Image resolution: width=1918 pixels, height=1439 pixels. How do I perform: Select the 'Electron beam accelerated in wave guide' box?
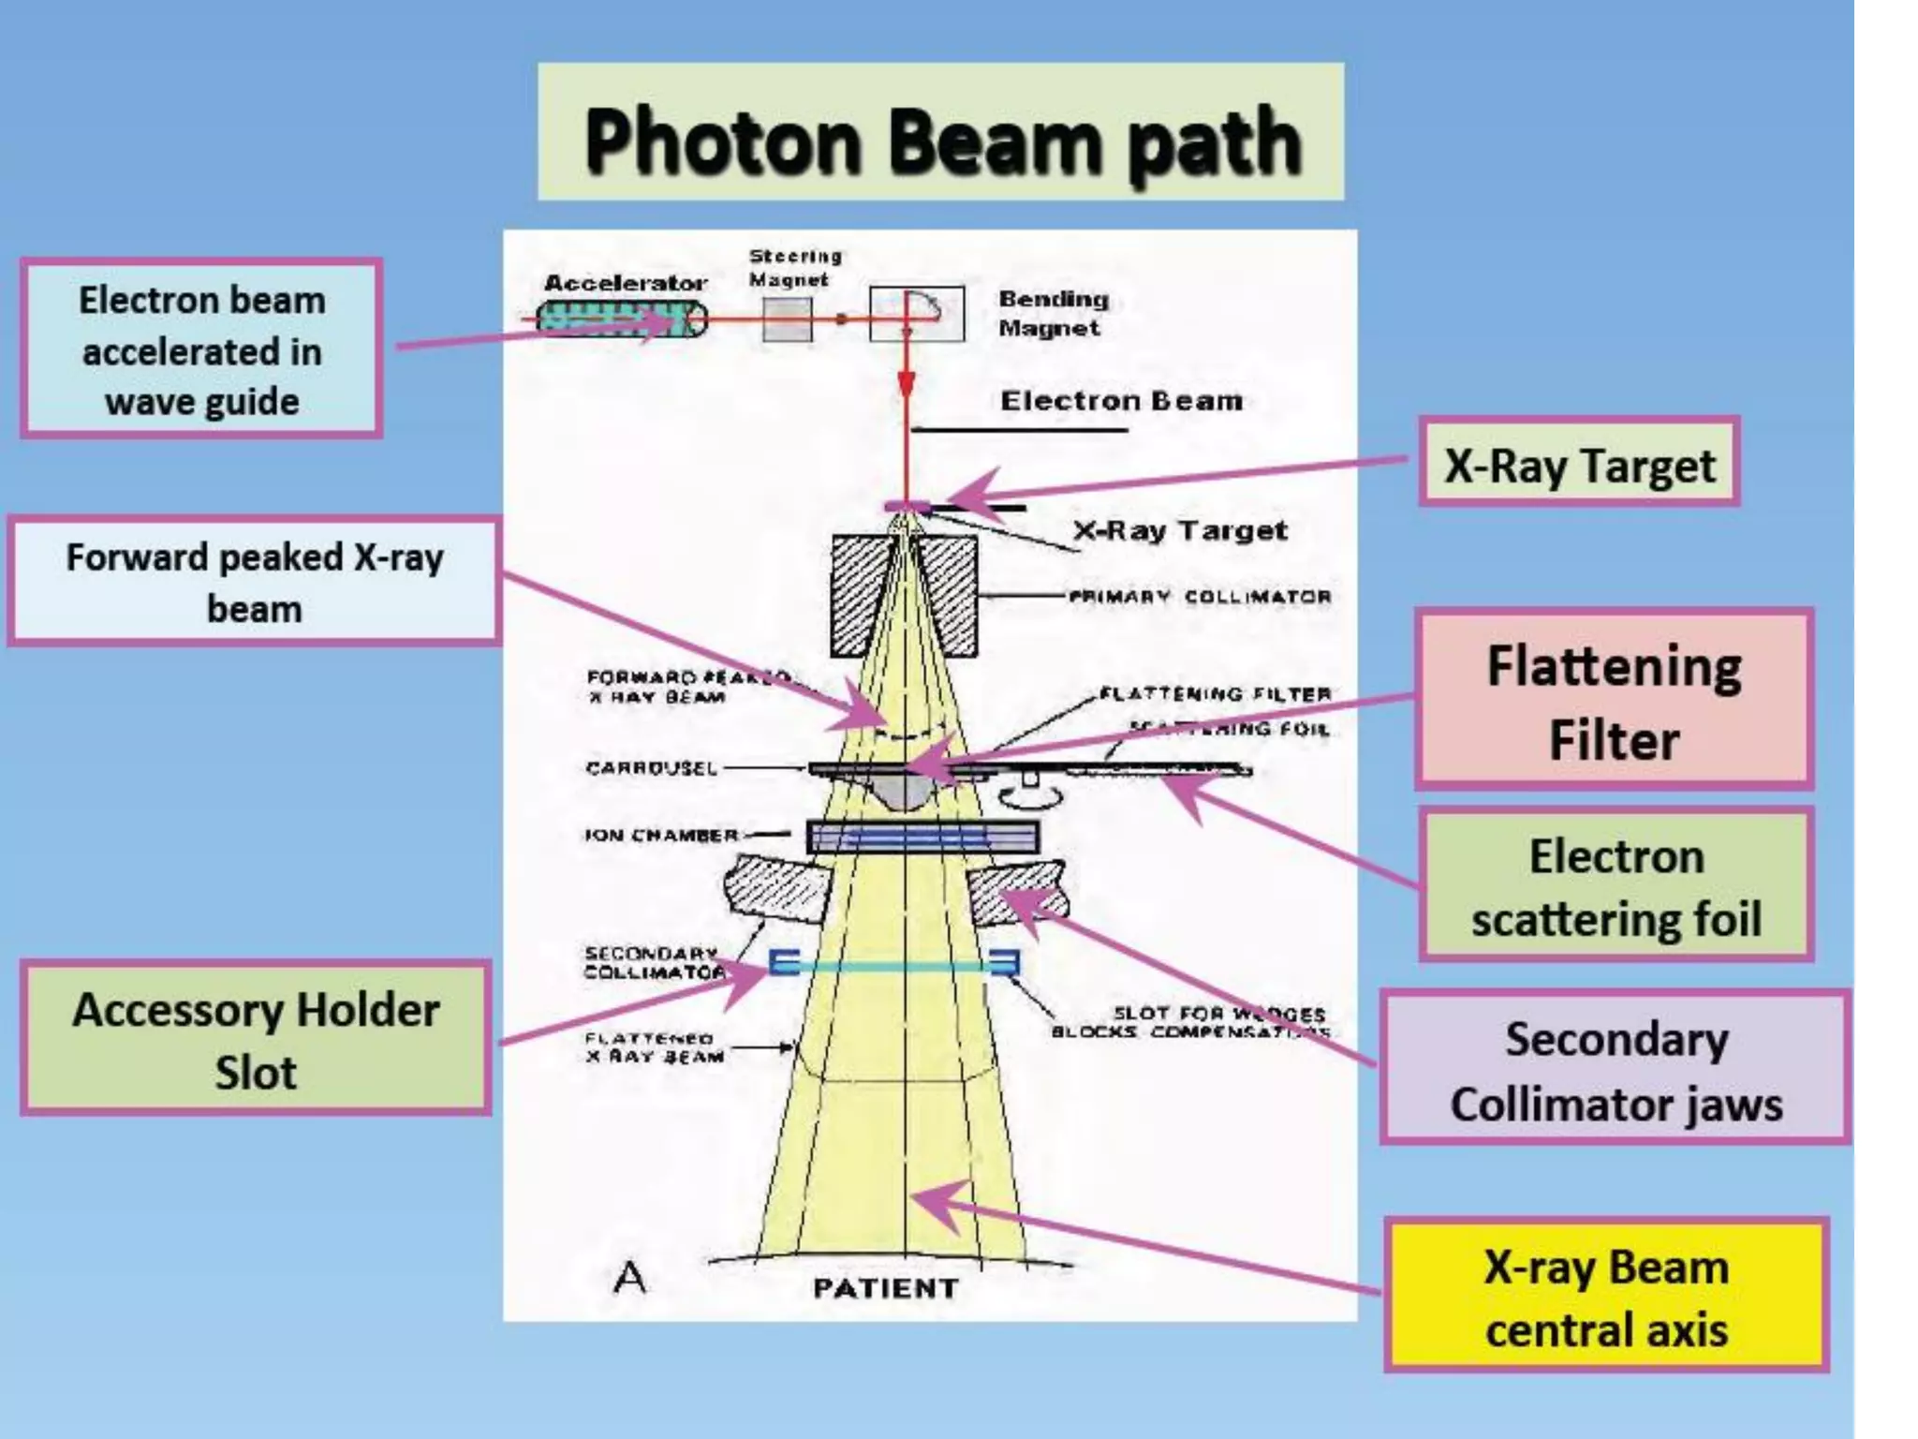(x=201, y=349)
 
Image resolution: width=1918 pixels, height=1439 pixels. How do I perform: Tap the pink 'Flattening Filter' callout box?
(x=1614, y=700)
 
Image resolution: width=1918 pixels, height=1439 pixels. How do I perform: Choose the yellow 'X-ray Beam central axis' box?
(x=1606, y=1297)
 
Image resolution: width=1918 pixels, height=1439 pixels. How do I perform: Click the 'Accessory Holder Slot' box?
(x=256, y=1039)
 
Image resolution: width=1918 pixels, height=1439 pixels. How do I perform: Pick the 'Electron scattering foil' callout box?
(x=1616, y=885)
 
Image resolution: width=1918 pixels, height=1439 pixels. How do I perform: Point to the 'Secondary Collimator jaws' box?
(x=1616, y=1069)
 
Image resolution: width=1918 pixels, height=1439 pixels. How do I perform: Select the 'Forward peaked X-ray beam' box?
(x=254, y=582)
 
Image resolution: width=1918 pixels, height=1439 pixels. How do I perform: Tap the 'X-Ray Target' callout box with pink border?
(x=1579, y=464)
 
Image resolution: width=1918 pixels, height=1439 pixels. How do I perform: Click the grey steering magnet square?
(x=787, y=319)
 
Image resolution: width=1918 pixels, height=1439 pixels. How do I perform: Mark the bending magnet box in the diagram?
(x=916, y=314)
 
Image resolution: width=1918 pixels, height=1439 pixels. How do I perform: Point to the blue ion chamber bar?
(x=922, y=837)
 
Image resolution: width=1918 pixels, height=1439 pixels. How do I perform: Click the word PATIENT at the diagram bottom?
(x=885, y=1288)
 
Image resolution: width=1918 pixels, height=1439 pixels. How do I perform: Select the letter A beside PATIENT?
(x=629, y=1276)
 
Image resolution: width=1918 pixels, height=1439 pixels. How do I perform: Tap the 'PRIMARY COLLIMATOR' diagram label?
(x=1200, y=597)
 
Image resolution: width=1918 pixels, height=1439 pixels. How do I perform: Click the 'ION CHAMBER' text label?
(x=661, y=835)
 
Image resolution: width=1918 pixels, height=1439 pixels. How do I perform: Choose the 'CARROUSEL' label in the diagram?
(x=651, y=768)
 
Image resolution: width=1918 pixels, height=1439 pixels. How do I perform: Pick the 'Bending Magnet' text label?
(x=1053, y=313)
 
